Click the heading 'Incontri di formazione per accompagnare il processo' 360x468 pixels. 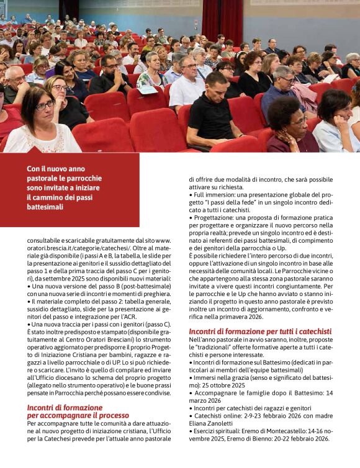78,411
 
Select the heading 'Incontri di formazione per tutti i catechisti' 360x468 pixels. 260,331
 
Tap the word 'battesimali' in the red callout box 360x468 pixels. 45,207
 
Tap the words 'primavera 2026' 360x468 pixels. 241,317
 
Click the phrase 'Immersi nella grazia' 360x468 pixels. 221,377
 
